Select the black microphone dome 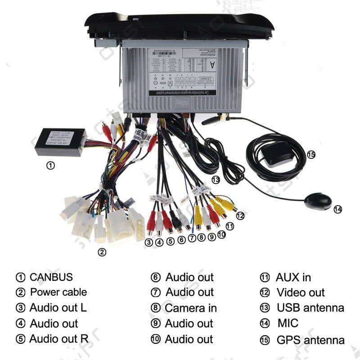click(x=318, y=201)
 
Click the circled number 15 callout click(x=311, y=155)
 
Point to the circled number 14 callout click(x=337, y=209)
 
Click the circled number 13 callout click(x=216, y=180)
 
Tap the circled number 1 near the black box click(x=51, y=165)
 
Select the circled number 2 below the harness click(x=102, y=252)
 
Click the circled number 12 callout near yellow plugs click(x=240, y=216)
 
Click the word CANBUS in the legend click(x=51, y=277)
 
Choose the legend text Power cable click(x=58, y=292)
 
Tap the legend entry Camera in click(x=190, y=308)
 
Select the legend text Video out click(x=300, y=292)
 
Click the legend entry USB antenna click(x=310, y=308)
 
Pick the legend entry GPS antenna click(x=310, y=340)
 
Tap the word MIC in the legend click(x=288, y=323)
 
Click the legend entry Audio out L click(x=58, y=308)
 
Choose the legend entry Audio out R click(x=58, y=338)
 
